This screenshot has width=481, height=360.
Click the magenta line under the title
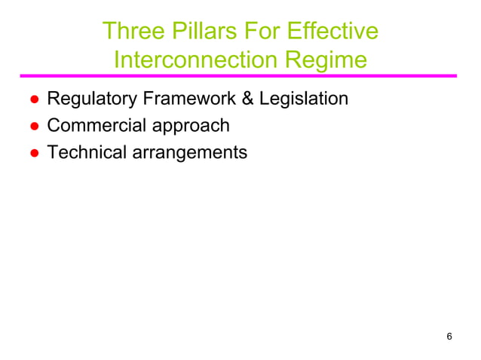pyautogui.click(x=238, y=76)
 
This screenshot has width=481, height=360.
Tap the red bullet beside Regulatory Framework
pyautogui.click(x=34, y=99)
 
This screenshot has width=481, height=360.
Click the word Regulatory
pyautogui.click(x=89, y=99)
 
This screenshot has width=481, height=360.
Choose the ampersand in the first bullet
pyautogui.click(x=248, y=99)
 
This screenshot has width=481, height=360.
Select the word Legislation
pyautogui.click(x=304, y=99)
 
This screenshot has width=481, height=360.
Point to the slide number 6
pyautogui.click(x=449, y=336)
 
